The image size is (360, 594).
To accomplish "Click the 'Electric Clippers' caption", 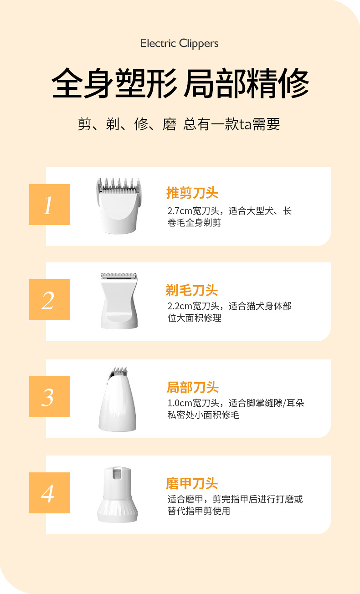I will (180, 44).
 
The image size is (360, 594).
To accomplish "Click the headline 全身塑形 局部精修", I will (180, 83).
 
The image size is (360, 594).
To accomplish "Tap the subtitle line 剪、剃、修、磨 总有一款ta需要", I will (179, 124).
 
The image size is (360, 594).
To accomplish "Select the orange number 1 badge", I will (49, 205).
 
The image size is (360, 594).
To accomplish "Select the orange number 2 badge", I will (49, 300).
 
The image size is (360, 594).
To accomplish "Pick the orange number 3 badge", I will (49, 397).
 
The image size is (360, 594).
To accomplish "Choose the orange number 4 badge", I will (49, 493).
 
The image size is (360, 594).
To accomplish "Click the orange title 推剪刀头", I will (192, 193).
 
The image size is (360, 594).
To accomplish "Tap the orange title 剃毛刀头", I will (192, 290).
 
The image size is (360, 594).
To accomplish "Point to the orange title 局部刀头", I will (193, 388).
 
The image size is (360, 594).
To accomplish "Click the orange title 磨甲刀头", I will (192, 484).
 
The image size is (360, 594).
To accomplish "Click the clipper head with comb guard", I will (118, 206).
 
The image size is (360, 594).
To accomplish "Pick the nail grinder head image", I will (118, 494).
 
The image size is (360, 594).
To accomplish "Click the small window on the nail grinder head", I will (117, 474).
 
